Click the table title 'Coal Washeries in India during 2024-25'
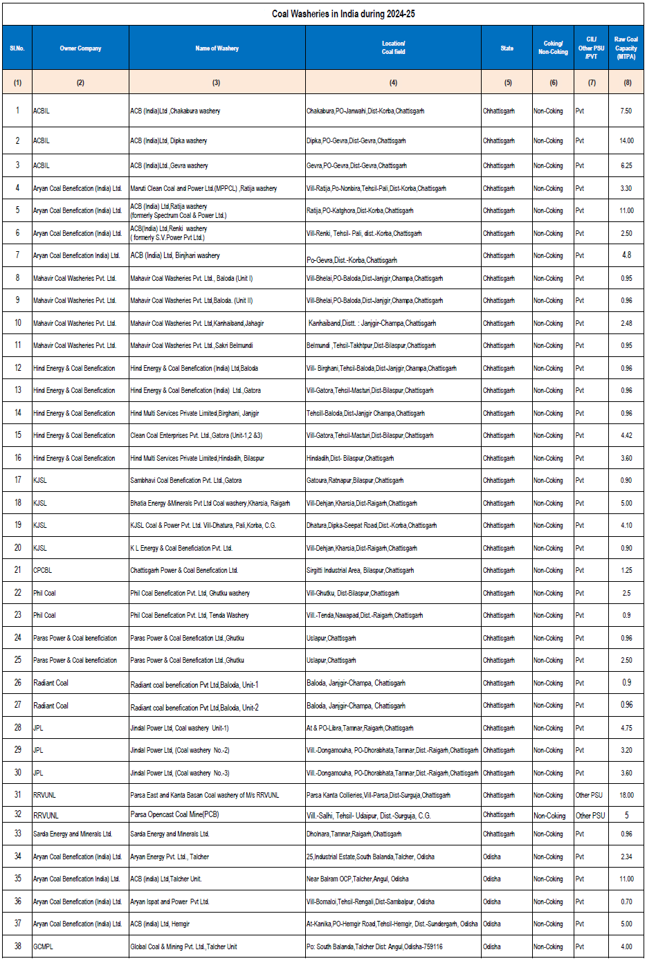pos(343,14)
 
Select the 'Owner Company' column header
pos(80,48)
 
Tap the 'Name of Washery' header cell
pos(217,48)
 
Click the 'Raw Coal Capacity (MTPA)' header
pos(626,48)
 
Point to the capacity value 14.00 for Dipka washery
pos(626,140)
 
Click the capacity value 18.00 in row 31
pos(626,795)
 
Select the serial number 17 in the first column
pos(18,480)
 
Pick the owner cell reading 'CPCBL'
pos(43,570)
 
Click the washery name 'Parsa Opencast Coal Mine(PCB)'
pos(174,814)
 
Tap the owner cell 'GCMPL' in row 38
pos(43,946)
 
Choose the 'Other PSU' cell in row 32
pos(590,816)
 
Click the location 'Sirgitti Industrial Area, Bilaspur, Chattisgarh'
pos(360,570)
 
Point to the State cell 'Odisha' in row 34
pos(492,857)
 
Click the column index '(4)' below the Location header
pos(393,82)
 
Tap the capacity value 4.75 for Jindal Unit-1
pos(626,728)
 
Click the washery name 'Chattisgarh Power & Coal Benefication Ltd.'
pos(184,570)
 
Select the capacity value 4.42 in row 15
pos(626,435)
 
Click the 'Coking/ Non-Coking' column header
pos(553,48)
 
